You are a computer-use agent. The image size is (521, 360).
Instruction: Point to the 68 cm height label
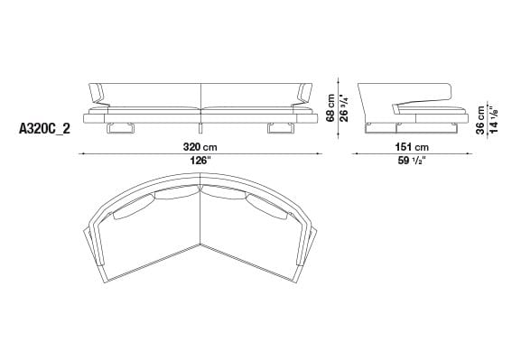coord(331,107)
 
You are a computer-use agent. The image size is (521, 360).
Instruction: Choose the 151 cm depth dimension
coord(409,146)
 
